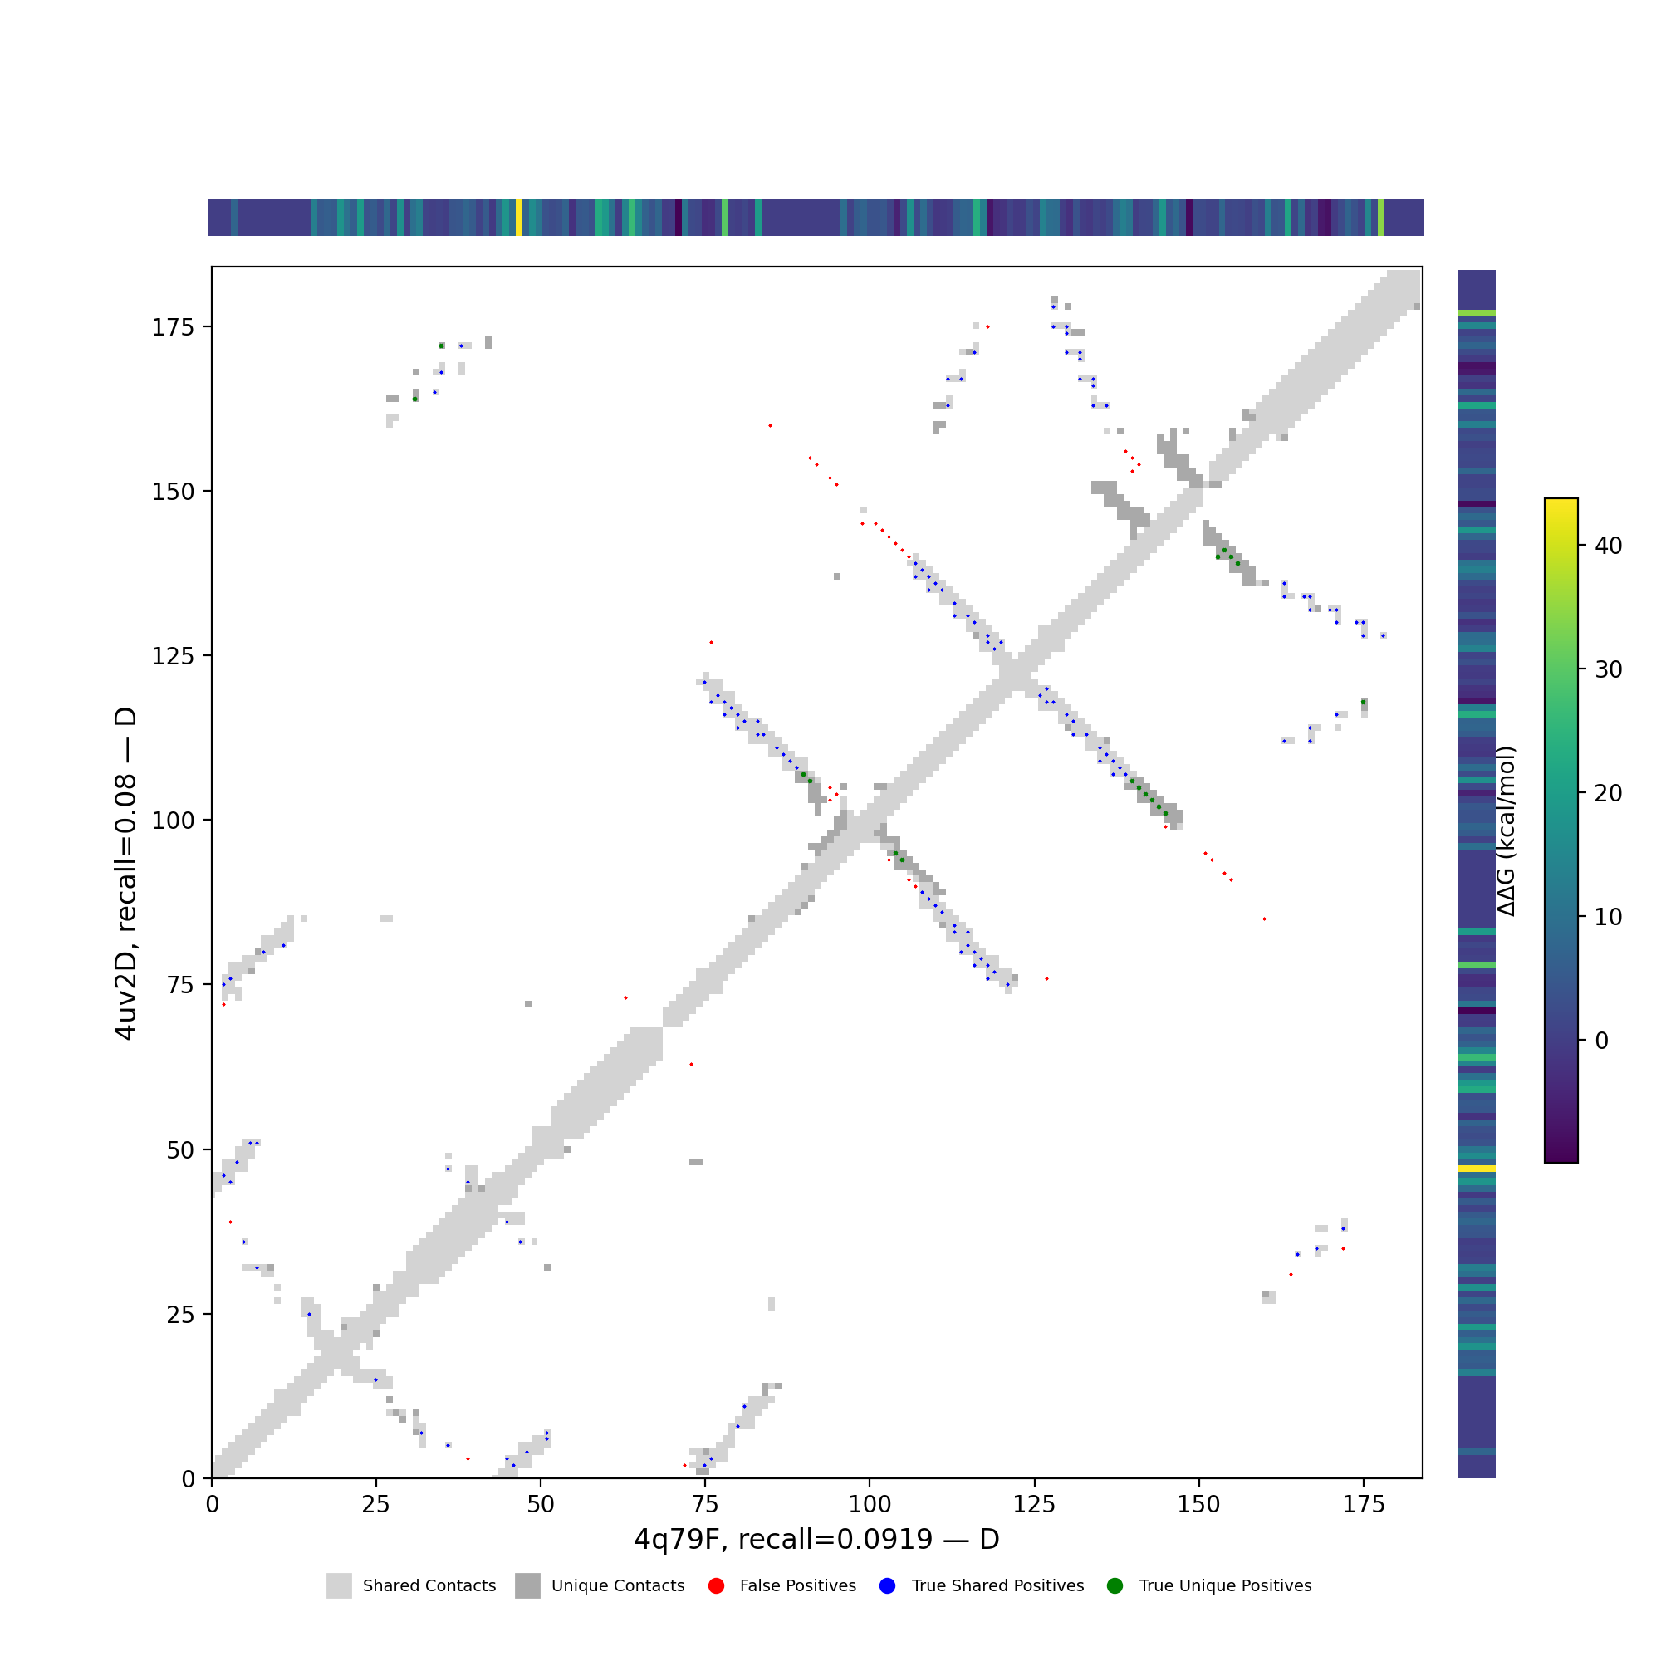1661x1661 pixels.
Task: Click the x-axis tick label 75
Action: (x=705, y=1504)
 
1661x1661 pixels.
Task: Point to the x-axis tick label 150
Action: (x=1198, y=1504)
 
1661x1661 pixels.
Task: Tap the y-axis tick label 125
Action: (x=171, y=656)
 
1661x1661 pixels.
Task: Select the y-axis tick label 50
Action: (x=182, y=1150)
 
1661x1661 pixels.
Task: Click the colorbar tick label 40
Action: (x=1608, y=546)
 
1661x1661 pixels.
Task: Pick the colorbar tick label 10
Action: (x=1608, y=918)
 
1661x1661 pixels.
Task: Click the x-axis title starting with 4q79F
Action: (x=816, y=1539)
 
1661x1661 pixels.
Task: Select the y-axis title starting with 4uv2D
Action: (x=125, y=873)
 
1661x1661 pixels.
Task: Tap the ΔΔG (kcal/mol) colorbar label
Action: (x=1507, y=831)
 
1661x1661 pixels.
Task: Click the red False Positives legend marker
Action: (x=716, y=1586)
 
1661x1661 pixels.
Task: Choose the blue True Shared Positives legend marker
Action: (x=888, y=1586)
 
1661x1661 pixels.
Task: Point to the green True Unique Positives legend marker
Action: (x=1115, y=1586)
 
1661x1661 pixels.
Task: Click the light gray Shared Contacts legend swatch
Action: (x=339, y=1586)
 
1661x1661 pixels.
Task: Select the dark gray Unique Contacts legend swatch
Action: (x=528, y=1586)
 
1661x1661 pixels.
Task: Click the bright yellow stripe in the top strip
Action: (x=519, y=218)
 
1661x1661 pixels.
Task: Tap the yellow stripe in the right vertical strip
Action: (x=1476, y=1169)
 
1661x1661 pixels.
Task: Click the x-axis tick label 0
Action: (x=212, y=1504)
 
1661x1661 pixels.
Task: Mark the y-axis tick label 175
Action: (x=171, y=327)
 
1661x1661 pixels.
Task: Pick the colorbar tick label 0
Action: (x=1601, y=1041)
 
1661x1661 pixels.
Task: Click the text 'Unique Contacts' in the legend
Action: (x=618, y=1586)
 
